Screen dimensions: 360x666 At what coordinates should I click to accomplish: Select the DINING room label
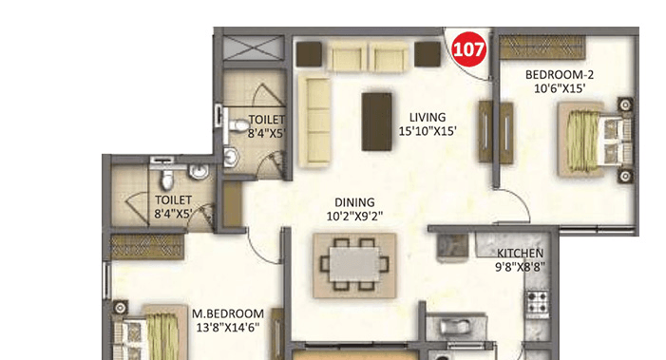(x=354, y=202)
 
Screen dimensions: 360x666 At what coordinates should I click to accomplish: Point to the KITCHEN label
(x=521, y=254)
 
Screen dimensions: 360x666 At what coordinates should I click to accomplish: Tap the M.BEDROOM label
(x=228, y=313)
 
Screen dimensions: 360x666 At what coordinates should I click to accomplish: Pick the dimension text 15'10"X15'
(x=428, y=132)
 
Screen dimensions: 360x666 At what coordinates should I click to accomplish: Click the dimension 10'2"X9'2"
(x=355, y=217)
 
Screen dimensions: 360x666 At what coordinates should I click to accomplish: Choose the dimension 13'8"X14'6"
(x=228, y=328)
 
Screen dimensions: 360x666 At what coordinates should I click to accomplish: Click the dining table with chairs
(x=355, y=260)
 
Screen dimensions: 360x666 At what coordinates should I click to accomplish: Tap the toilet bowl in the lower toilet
(x=165, y=180)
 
